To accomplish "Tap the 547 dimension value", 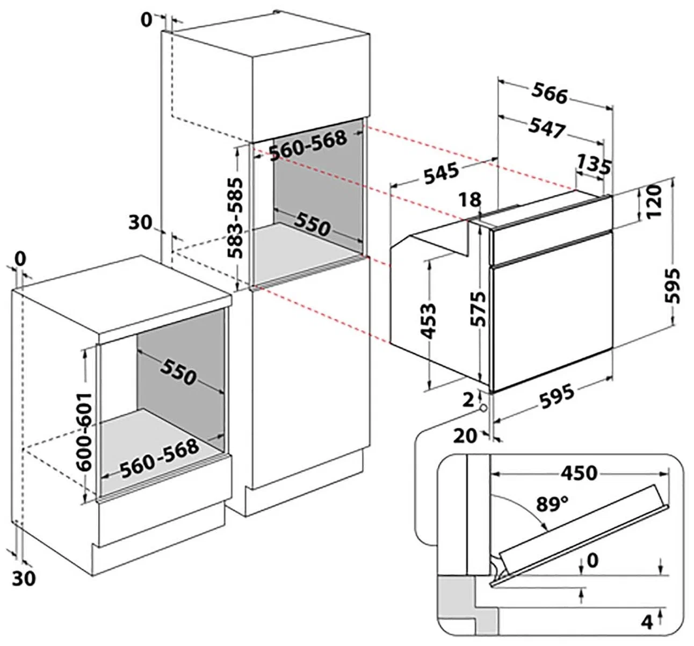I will click(547, 128).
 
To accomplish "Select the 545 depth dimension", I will click(441, 173).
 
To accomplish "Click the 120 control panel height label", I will click(653, 203).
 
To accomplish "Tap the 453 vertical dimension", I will click(428, 322).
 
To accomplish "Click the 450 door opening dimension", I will click(579, 473).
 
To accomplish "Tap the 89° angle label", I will click(552, 504).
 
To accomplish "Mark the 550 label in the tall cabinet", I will click(312, 226).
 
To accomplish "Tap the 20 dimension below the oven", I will click(465, 435).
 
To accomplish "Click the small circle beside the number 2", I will click(484, 408).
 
